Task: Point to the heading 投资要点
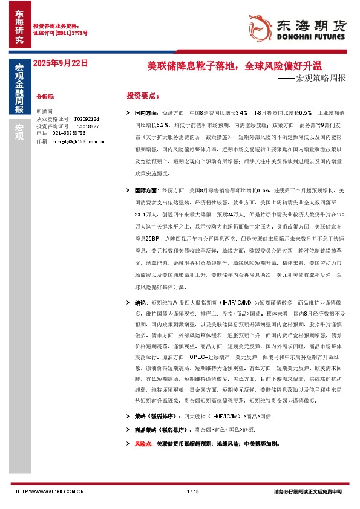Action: click(x=143, y=96)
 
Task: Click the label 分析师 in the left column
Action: click(x=46, y=97)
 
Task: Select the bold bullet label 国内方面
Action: click(x=146, y=113)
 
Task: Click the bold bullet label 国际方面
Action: click(x=146, y=190)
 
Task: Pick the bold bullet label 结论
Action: click(x=140, y=301)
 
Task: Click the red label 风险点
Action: click(x=143, y=443)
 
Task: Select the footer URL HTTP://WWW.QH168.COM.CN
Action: click(x=49, y=491)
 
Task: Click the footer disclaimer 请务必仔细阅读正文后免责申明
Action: click(x=308, y=491)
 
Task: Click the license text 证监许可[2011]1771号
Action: click(x=60, y=33)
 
